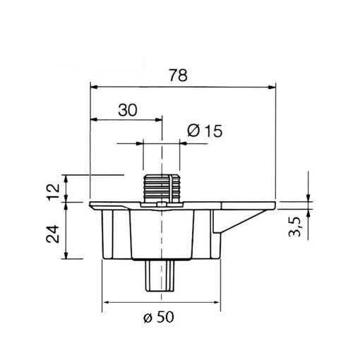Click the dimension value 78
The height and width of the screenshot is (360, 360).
[x=179, y=76]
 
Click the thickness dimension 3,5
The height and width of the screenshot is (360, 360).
[x=296, y=229]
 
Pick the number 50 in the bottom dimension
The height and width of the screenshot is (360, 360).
[x=164, y=317]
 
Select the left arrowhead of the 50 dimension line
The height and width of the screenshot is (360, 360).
[x=107, y=302]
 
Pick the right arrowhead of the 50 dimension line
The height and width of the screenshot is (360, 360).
[x=216, y=302]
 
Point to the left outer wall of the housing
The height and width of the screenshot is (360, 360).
[x=107, y=233]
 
